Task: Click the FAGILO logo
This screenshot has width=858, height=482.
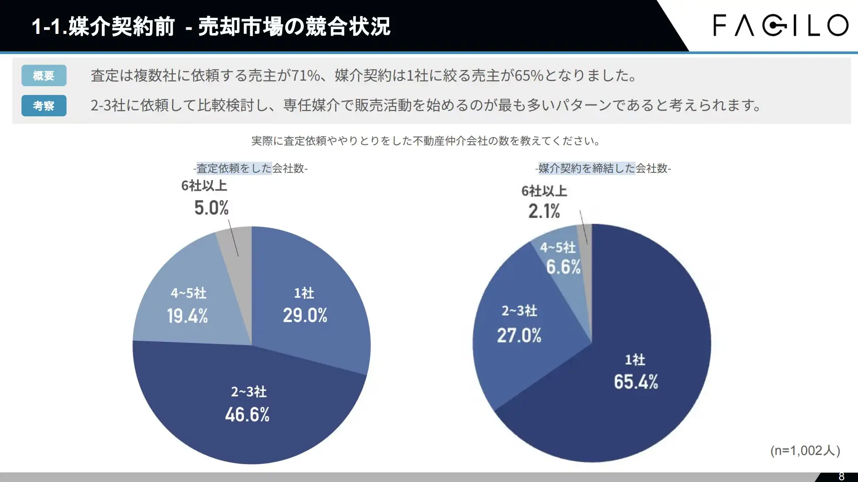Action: click(781, 25)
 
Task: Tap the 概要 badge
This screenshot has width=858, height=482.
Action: click(44, 76)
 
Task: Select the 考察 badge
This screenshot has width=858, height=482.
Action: click(44, 106)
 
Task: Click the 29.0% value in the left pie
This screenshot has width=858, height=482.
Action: click(305, 315)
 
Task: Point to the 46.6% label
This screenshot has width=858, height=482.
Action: click(247, 415)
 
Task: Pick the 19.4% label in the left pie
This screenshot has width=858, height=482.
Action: click(187, 316)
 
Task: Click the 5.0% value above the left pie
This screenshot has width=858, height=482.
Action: click(211, 208)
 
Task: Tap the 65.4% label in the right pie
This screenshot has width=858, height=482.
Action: click(636, 382)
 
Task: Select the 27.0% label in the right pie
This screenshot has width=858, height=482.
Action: click(519, 335)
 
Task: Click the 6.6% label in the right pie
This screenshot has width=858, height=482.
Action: click(563, 267)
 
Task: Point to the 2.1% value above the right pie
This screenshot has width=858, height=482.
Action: click(544, 212)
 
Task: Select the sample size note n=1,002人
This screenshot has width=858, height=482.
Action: click(805, 450)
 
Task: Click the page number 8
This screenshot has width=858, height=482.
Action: click(841, 477)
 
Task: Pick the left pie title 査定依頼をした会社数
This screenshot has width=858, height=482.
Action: click(250, 169)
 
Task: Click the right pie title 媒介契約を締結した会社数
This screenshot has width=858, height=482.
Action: click(603, 169)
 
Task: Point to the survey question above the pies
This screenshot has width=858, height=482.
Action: click(426, 141)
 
